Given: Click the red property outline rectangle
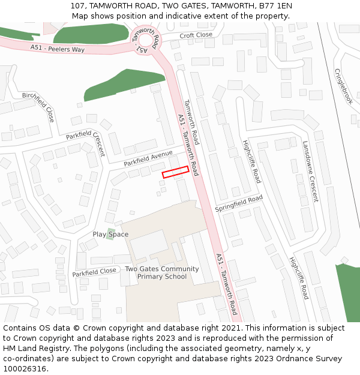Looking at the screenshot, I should (x=176, y=172).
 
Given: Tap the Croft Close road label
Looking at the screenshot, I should (x=196, y=35).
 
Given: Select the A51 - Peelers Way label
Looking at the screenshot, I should (x=58, y=47).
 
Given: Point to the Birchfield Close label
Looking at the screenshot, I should (x=38, y=107).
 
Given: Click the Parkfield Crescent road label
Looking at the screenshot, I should (x=86, y=143).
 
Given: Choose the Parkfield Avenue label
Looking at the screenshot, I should (x=148, y=159).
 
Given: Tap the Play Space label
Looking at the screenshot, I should (x=110, y=234).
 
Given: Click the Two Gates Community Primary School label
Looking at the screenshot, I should (x=162, y=272).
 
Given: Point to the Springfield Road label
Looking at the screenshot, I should (x=239, y=203).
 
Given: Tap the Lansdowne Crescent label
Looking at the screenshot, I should (x=310, y=171).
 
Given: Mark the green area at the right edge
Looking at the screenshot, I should (x=349, y=291).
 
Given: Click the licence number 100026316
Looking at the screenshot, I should (x=25, y=369).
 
